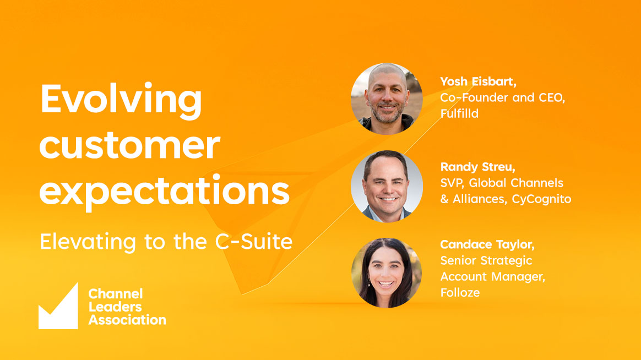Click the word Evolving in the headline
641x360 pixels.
(x=121, y=101)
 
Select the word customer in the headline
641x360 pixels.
(x=129, y=145)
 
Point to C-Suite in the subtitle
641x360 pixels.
(x=254, y=242)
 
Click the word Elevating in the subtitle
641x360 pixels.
(x=88, y=242)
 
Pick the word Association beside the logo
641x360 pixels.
(x=127, y=320)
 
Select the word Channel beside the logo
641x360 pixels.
(x=116, y=294)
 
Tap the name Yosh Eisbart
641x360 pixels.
(x=478, y=81)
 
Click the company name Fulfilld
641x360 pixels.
(x=459, y=113)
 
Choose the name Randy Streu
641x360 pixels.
(x=477, y=167)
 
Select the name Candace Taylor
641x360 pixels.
(x=487, y=244)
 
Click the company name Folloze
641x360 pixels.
(x=460, y=293)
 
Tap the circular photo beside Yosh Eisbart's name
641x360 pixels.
(x=387, y=99)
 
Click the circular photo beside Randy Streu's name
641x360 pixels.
(x=387, y=187)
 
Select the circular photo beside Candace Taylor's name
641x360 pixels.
(x=387, y=273)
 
